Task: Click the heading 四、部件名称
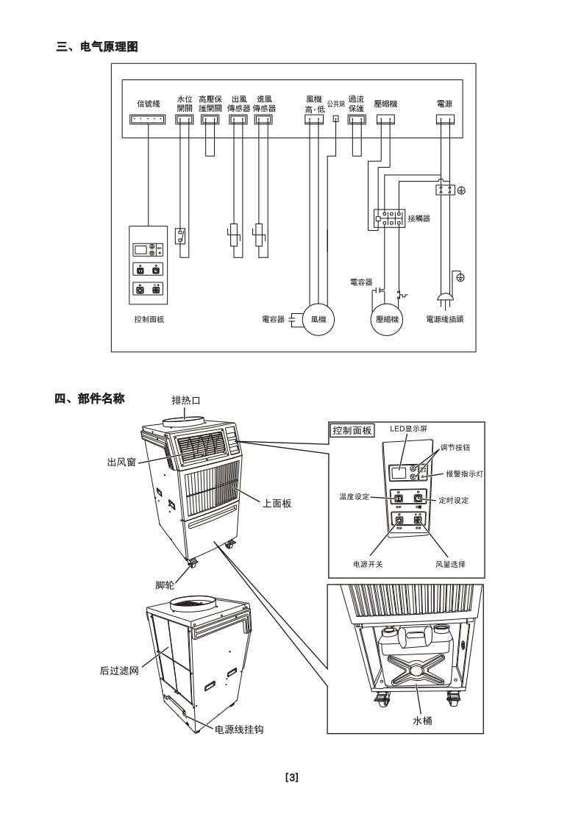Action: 92,399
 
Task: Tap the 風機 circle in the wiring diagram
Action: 318,320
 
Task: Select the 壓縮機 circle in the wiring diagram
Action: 386,320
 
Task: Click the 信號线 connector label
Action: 148,104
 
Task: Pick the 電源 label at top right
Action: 445,104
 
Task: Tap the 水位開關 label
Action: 184,103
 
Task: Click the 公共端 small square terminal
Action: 336,118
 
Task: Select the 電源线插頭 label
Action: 449,320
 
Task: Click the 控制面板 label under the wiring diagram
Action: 149,320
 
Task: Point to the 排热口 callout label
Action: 186,400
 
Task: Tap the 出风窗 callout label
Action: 121,462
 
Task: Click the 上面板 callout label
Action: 277,503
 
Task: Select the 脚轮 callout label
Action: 165,585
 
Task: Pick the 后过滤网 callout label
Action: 118,671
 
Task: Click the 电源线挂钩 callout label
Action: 239,729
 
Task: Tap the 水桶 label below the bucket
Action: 421,721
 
